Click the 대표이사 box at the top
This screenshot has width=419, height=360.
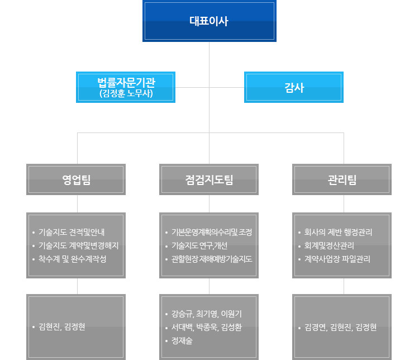(209, 21)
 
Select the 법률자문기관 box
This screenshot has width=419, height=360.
(126, 87)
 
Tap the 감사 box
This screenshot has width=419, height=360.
(294, 87)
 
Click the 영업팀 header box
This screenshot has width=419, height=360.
(76, 179)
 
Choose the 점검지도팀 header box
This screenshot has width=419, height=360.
(209, 179)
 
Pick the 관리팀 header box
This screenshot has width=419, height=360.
(342, 179)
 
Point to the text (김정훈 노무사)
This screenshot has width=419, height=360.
(126, 93)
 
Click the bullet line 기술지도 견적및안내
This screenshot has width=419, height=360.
(72, 232)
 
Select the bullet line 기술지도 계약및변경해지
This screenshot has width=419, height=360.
(79, 245)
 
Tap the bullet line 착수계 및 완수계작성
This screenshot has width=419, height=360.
(73, 259)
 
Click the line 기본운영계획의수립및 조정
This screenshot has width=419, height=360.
(212, 232)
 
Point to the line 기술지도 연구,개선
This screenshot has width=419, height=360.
(199, 245)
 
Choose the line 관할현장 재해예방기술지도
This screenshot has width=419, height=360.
(212, 259)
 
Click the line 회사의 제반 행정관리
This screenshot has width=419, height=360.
(338, 232)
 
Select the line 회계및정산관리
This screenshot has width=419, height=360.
(329, 245)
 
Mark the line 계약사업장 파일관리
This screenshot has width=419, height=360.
(337, 259)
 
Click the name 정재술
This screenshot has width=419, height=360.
(182, 340)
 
